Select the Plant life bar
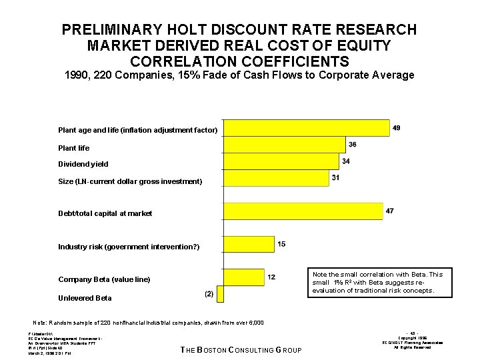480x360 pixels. coord(283,145)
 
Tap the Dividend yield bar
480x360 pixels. coord(279,161)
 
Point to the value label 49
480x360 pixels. coord(397,127)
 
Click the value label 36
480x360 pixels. coord(352,145)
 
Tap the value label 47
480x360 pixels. coord(389,211)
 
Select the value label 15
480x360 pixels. coord(281,244)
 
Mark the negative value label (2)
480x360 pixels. coord(209,294)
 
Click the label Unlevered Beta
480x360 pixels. coord(85,298)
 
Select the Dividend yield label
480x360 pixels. coord(83,164)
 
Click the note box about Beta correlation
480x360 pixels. coord(378,283)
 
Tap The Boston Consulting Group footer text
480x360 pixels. coord(241,351)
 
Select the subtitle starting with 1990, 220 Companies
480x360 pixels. coord(239,75)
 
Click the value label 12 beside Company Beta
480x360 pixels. coord(272,277)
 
